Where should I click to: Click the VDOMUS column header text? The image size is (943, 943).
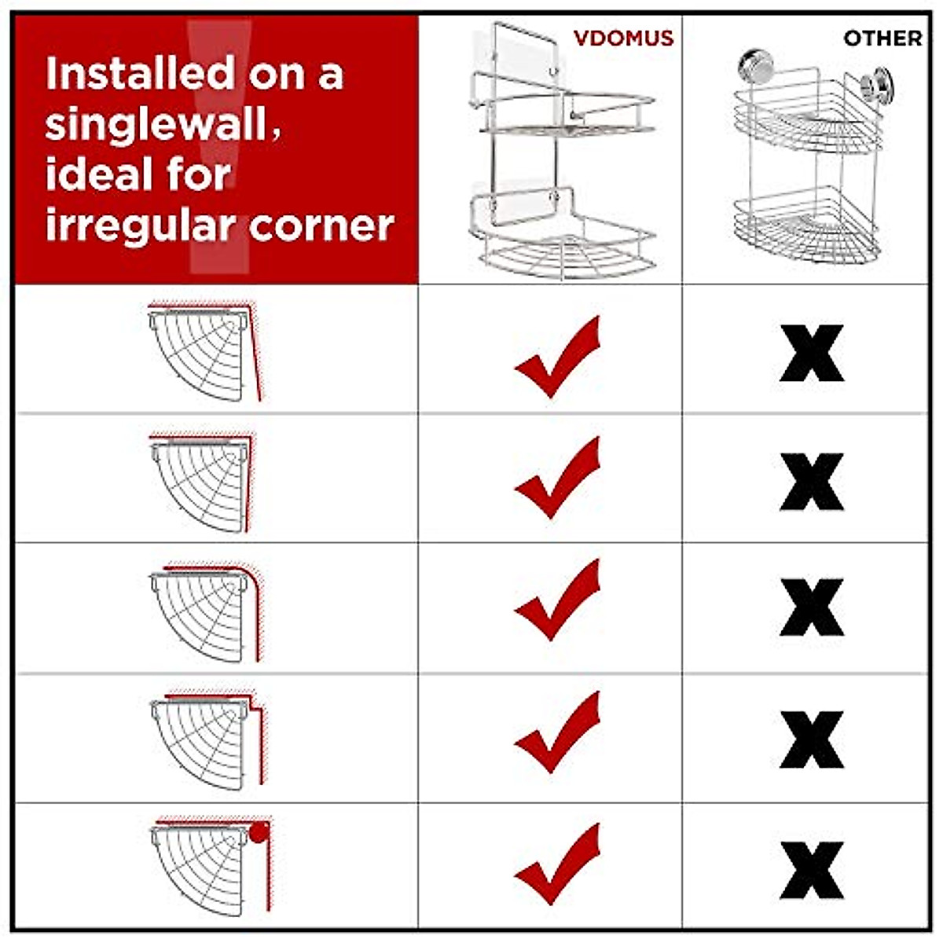click(623, 38)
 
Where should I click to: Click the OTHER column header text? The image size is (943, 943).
click(882, 38)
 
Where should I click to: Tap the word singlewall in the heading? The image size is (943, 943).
click(156, 124)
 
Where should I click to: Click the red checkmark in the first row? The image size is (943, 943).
click(558, 358)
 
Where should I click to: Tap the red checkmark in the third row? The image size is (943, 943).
click(558, 601)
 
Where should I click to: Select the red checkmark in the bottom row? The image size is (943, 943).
click(558, 864)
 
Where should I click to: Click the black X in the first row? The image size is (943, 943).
click(812, 354)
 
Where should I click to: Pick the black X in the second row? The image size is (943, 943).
click(812, 482)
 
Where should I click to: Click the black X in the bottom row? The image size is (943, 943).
click(812, 870)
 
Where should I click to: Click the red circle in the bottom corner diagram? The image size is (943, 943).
click(259, 831)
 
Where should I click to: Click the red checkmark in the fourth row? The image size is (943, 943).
click(558, 732)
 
